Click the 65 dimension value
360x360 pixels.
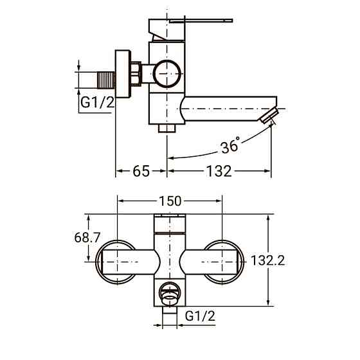tap(141, 171)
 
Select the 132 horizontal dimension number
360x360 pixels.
tap(219, 171)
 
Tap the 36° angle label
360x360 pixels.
tap(230, 145)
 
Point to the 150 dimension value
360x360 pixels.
tap(170, 201)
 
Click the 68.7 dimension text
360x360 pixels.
tap(87, 237)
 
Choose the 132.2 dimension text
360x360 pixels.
tap(268, 260)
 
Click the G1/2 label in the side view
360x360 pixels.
tap(97, 102)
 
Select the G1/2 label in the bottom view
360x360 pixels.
tap(200, 316)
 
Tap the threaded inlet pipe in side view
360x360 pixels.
tap(106, 80)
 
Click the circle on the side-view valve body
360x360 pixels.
tap(167, 74)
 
